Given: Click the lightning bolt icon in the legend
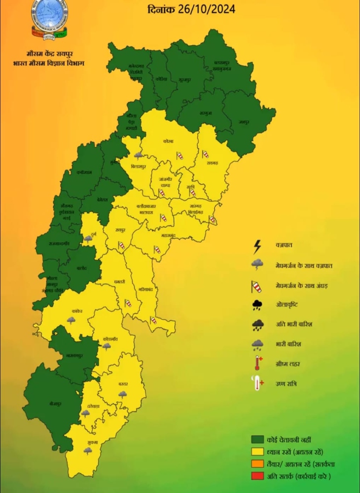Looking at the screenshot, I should coord(257,245).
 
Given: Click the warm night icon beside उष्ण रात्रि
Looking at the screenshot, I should coord(256,384).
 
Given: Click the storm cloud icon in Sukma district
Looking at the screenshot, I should coord(88,451).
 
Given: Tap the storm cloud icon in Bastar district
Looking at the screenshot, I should coord(122,394).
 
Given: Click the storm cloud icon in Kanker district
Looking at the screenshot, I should coord(71,320).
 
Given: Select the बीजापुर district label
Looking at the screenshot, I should coord(42,404).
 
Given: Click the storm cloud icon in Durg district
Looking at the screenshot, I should coord(88,239).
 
